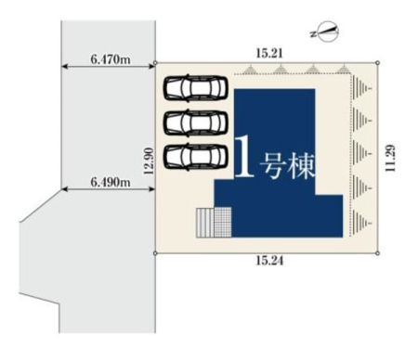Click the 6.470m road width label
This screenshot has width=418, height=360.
click(x=111, y=59)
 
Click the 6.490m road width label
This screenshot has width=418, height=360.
click(x=111, y=182)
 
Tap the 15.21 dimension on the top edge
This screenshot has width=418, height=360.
click(x=269, y=54)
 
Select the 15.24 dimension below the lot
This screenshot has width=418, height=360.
click(x=269, y=261)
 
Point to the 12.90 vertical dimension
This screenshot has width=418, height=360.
click(x=149, y=161)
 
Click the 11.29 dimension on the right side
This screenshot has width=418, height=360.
click(x=390, y=158)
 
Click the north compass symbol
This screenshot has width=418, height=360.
click(x=328, y=32)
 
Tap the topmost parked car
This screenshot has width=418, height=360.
click(x=196, y=88)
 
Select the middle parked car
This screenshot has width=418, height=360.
click(x=196, y=122)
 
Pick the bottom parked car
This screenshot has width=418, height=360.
click(x=196, y=157)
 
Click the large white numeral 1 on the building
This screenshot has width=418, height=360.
click(x=244, y=157)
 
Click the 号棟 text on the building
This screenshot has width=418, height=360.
click(x=287, y=167)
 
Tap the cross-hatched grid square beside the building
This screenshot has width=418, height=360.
click(x=223, y=223)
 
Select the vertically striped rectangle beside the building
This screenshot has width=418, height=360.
click(x=205, y=223)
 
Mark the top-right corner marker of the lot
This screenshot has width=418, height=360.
click(x=377, y=63)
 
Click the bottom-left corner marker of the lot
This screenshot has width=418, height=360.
click(x=155, y=253)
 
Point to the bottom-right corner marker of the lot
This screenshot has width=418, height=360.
click(x=377, y=253)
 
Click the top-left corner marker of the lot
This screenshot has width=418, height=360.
click(x=155, y=63)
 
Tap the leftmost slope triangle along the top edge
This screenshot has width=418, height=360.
click(x=250, y=70)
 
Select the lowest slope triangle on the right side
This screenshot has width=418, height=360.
click(x=362, y=223)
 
